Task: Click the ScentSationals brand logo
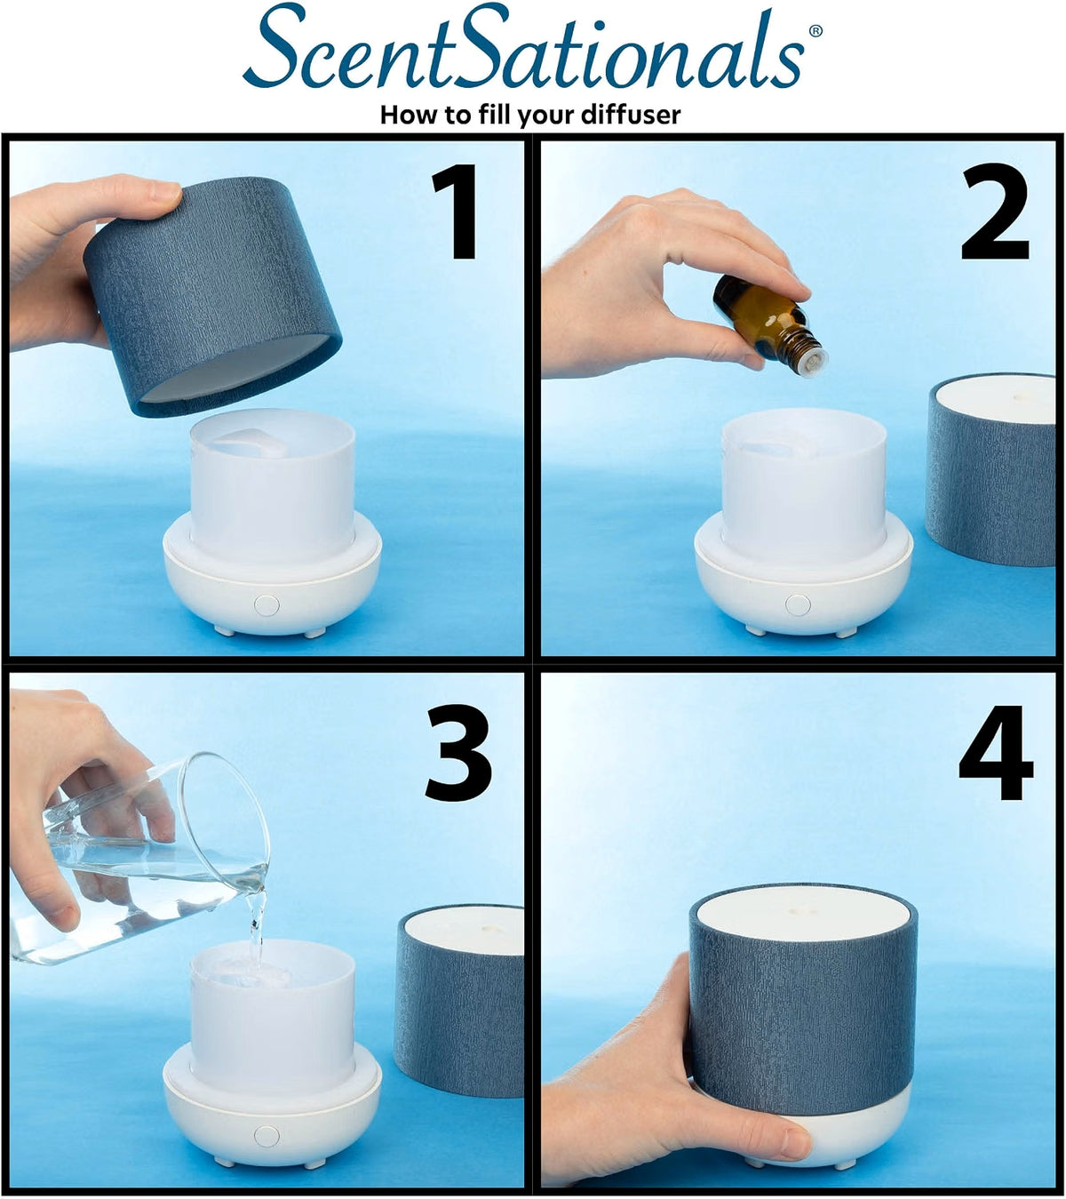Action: (x=523, y=47)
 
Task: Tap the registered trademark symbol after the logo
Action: (x=815, y=30)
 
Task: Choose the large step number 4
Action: (x=996, y=752)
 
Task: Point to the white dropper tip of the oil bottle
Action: (x=813, y=362)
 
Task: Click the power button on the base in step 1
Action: (x=266, y=605)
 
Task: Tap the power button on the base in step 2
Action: (x=798, y=605)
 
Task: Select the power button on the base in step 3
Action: (x=266, y=1136)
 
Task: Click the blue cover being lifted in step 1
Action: (x=213, y=296)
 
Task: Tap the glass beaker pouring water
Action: (x=139, y=858)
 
